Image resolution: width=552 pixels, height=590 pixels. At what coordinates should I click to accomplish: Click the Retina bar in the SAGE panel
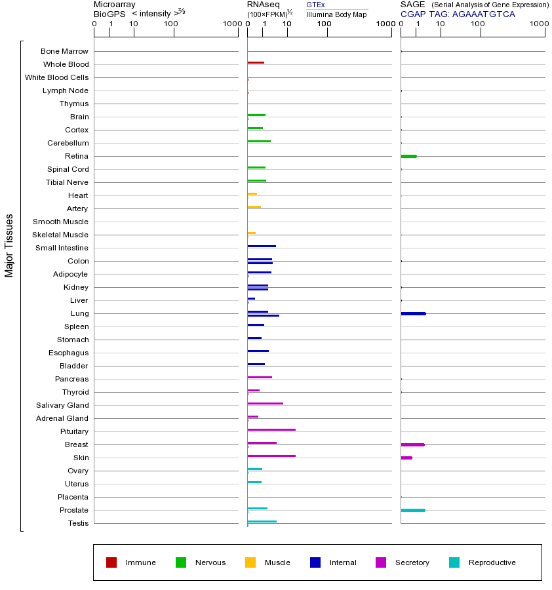408,156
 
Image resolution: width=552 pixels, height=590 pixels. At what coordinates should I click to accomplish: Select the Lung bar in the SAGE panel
413,313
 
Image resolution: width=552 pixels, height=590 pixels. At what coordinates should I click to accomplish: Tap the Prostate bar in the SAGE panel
413,510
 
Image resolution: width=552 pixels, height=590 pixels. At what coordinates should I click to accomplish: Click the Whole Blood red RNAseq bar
256,63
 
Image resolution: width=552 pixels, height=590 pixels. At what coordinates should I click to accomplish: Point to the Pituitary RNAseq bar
271,430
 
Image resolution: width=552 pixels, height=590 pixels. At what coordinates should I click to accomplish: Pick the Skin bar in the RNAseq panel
271,456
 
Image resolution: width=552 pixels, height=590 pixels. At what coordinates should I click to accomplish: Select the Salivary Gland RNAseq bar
265,404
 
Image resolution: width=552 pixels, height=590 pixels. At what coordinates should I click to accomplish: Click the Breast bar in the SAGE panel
412,444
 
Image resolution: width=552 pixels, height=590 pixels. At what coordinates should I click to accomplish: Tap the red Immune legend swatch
111,562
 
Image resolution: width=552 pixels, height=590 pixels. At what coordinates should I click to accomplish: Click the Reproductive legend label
492,562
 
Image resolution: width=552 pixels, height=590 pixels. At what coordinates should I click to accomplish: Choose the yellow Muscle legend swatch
250,562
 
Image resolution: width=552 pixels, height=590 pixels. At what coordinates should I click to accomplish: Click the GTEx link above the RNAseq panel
315,5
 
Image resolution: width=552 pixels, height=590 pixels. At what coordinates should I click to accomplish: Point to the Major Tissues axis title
9,245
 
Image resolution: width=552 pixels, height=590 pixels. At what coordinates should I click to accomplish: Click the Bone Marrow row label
64,51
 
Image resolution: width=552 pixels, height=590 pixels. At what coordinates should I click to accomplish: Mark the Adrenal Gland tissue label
64,418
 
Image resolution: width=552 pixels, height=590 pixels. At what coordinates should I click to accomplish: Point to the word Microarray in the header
115,5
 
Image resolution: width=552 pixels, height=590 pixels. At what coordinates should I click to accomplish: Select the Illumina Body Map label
336,14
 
